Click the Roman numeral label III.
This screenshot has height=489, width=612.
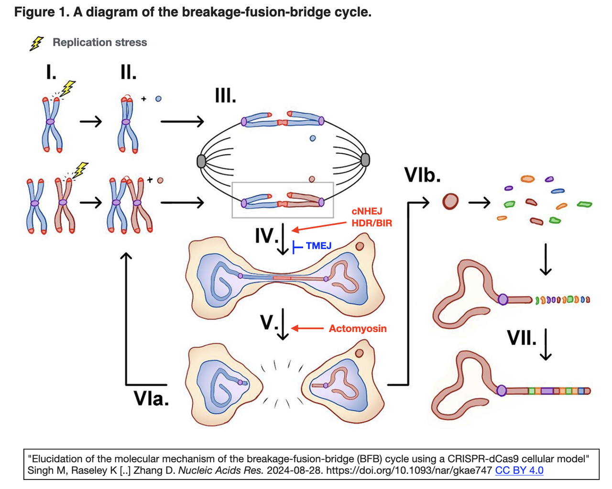point(225,96)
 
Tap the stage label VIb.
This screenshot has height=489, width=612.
point(422,175)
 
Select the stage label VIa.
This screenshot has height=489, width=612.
point(151,399)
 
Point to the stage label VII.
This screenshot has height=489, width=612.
point(522,339)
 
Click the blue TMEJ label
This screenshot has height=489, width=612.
point(318,246)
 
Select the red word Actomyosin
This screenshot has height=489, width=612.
point(358,329)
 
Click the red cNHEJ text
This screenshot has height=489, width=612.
point(367,211)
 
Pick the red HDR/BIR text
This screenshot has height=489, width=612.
point(372,223)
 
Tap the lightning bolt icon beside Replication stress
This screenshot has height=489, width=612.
point(36,43)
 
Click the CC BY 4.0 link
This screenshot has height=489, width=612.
point(519,470)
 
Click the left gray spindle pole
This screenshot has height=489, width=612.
point(201,161)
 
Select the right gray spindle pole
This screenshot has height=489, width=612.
point(366,159)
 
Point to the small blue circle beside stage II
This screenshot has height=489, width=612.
point(158,99)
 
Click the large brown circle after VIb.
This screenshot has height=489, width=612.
point(450,202)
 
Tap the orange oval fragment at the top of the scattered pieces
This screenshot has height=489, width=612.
point(527,179)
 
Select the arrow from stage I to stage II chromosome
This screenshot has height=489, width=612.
point(91,122)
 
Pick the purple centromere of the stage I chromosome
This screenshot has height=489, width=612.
point(51,122)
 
